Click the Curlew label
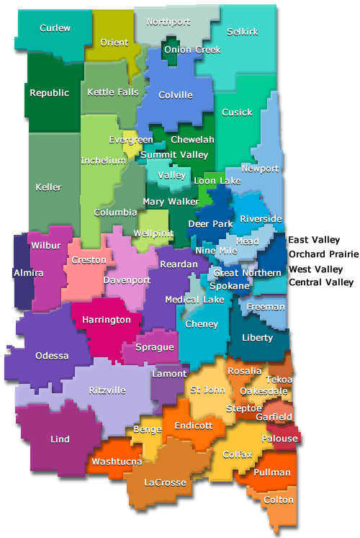click(x=55, y=28)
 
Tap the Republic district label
click(x=50, y=93)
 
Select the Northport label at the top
click(x=168, y=22)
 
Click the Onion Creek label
click(x=192, y=50)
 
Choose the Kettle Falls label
click(x=113, y=93)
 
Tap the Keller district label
click(x=49, y=187)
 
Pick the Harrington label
click(x=107, y=319)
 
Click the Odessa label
click(x=52, y=356)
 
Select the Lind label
click(x=60, y=439)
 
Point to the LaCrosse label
click(x=165, y=482)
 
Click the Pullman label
click(x=272, y=472)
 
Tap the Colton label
click(x=279, y=500)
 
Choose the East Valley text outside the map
click(x=314, y=240)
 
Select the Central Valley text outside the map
click(x=321, y=282)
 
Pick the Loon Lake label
click(x=217, y=181)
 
